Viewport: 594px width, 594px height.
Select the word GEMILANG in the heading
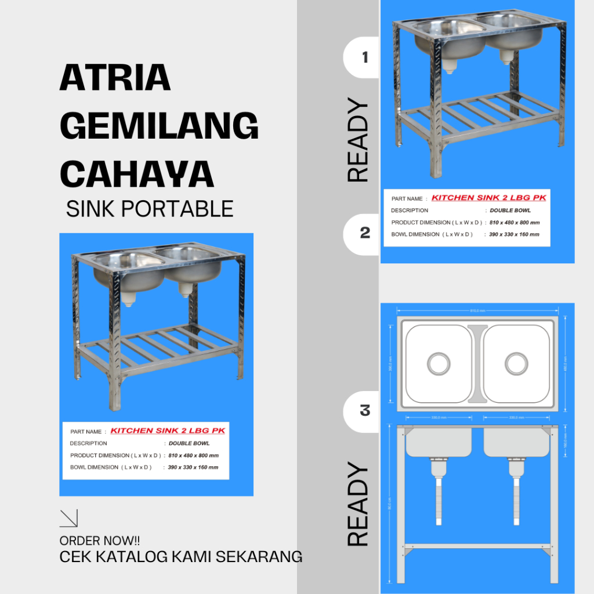pyautogui.click(x=159, y=125)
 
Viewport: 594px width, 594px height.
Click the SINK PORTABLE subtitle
pyautogui.click(x=150, y=209)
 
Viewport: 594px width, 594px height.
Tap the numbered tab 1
pyautogui.click(x=364, y=57)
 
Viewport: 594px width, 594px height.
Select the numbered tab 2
pyautogui.click(x=364, y=233)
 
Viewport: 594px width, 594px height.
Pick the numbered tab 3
pyautogui.click(x=364, y=411)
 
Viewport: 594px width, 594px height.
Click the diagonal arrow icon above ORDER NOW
pyautogui.click(x=68, y=518)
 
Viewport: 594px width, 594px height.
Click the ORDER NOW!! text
pyautogui.click(x=100, y=541)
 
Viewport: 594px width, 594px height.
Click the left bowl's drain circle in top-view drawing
pyautogui.click(x=439, y=364)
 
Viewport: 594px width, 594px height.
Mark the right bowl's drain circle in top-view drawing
pyautogui.click(x=516, y=364)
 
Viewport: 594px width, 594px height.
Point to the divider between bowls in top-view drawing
pyautogui.click(x=477, y=364)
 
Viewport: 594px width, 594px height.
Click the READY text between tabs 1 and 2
pyautogui.click(x=358, y=141)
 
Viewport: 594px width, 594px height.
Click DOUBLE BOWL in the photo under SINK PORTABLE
pyautogui.click(x=189, y=443)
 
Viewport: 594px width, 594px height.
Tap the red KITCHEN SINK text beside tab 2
pyautogui.click(x=488, y=198)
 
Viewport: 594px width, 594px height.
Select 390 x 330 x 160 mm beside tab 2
pyautogui.click(x=514, y=234)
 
